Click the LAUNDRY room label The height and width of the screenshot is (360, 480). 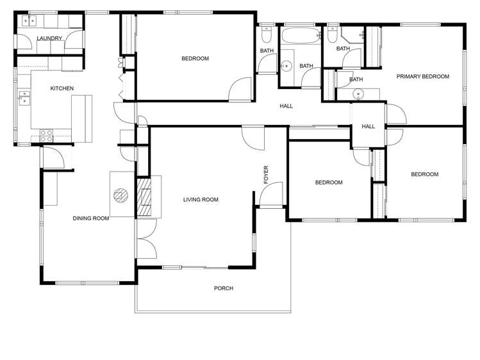coord(50,38)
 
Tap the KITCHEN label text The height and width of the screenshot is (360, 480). coord(62,88)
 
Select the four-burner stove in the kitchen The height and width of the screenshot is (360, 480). coord(47,135)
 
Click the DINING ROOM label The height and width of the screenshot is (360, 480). coord(90,218)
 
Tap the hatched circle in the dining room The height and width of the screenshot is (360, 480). coord(121,196)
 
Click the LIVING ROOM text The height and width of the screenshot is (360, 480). coord(201,200)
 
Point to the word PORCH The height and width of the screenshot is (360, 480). coord(223,288)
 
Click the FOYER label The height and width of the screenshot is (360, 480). coord(267,175)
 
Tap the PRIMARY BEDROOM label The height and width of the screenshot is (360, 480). coord(422,77)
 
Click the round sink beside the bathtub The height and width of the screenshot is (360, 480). coord(286,65)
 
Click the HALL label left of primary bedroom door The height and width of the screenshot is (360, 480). coord(368,127)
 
